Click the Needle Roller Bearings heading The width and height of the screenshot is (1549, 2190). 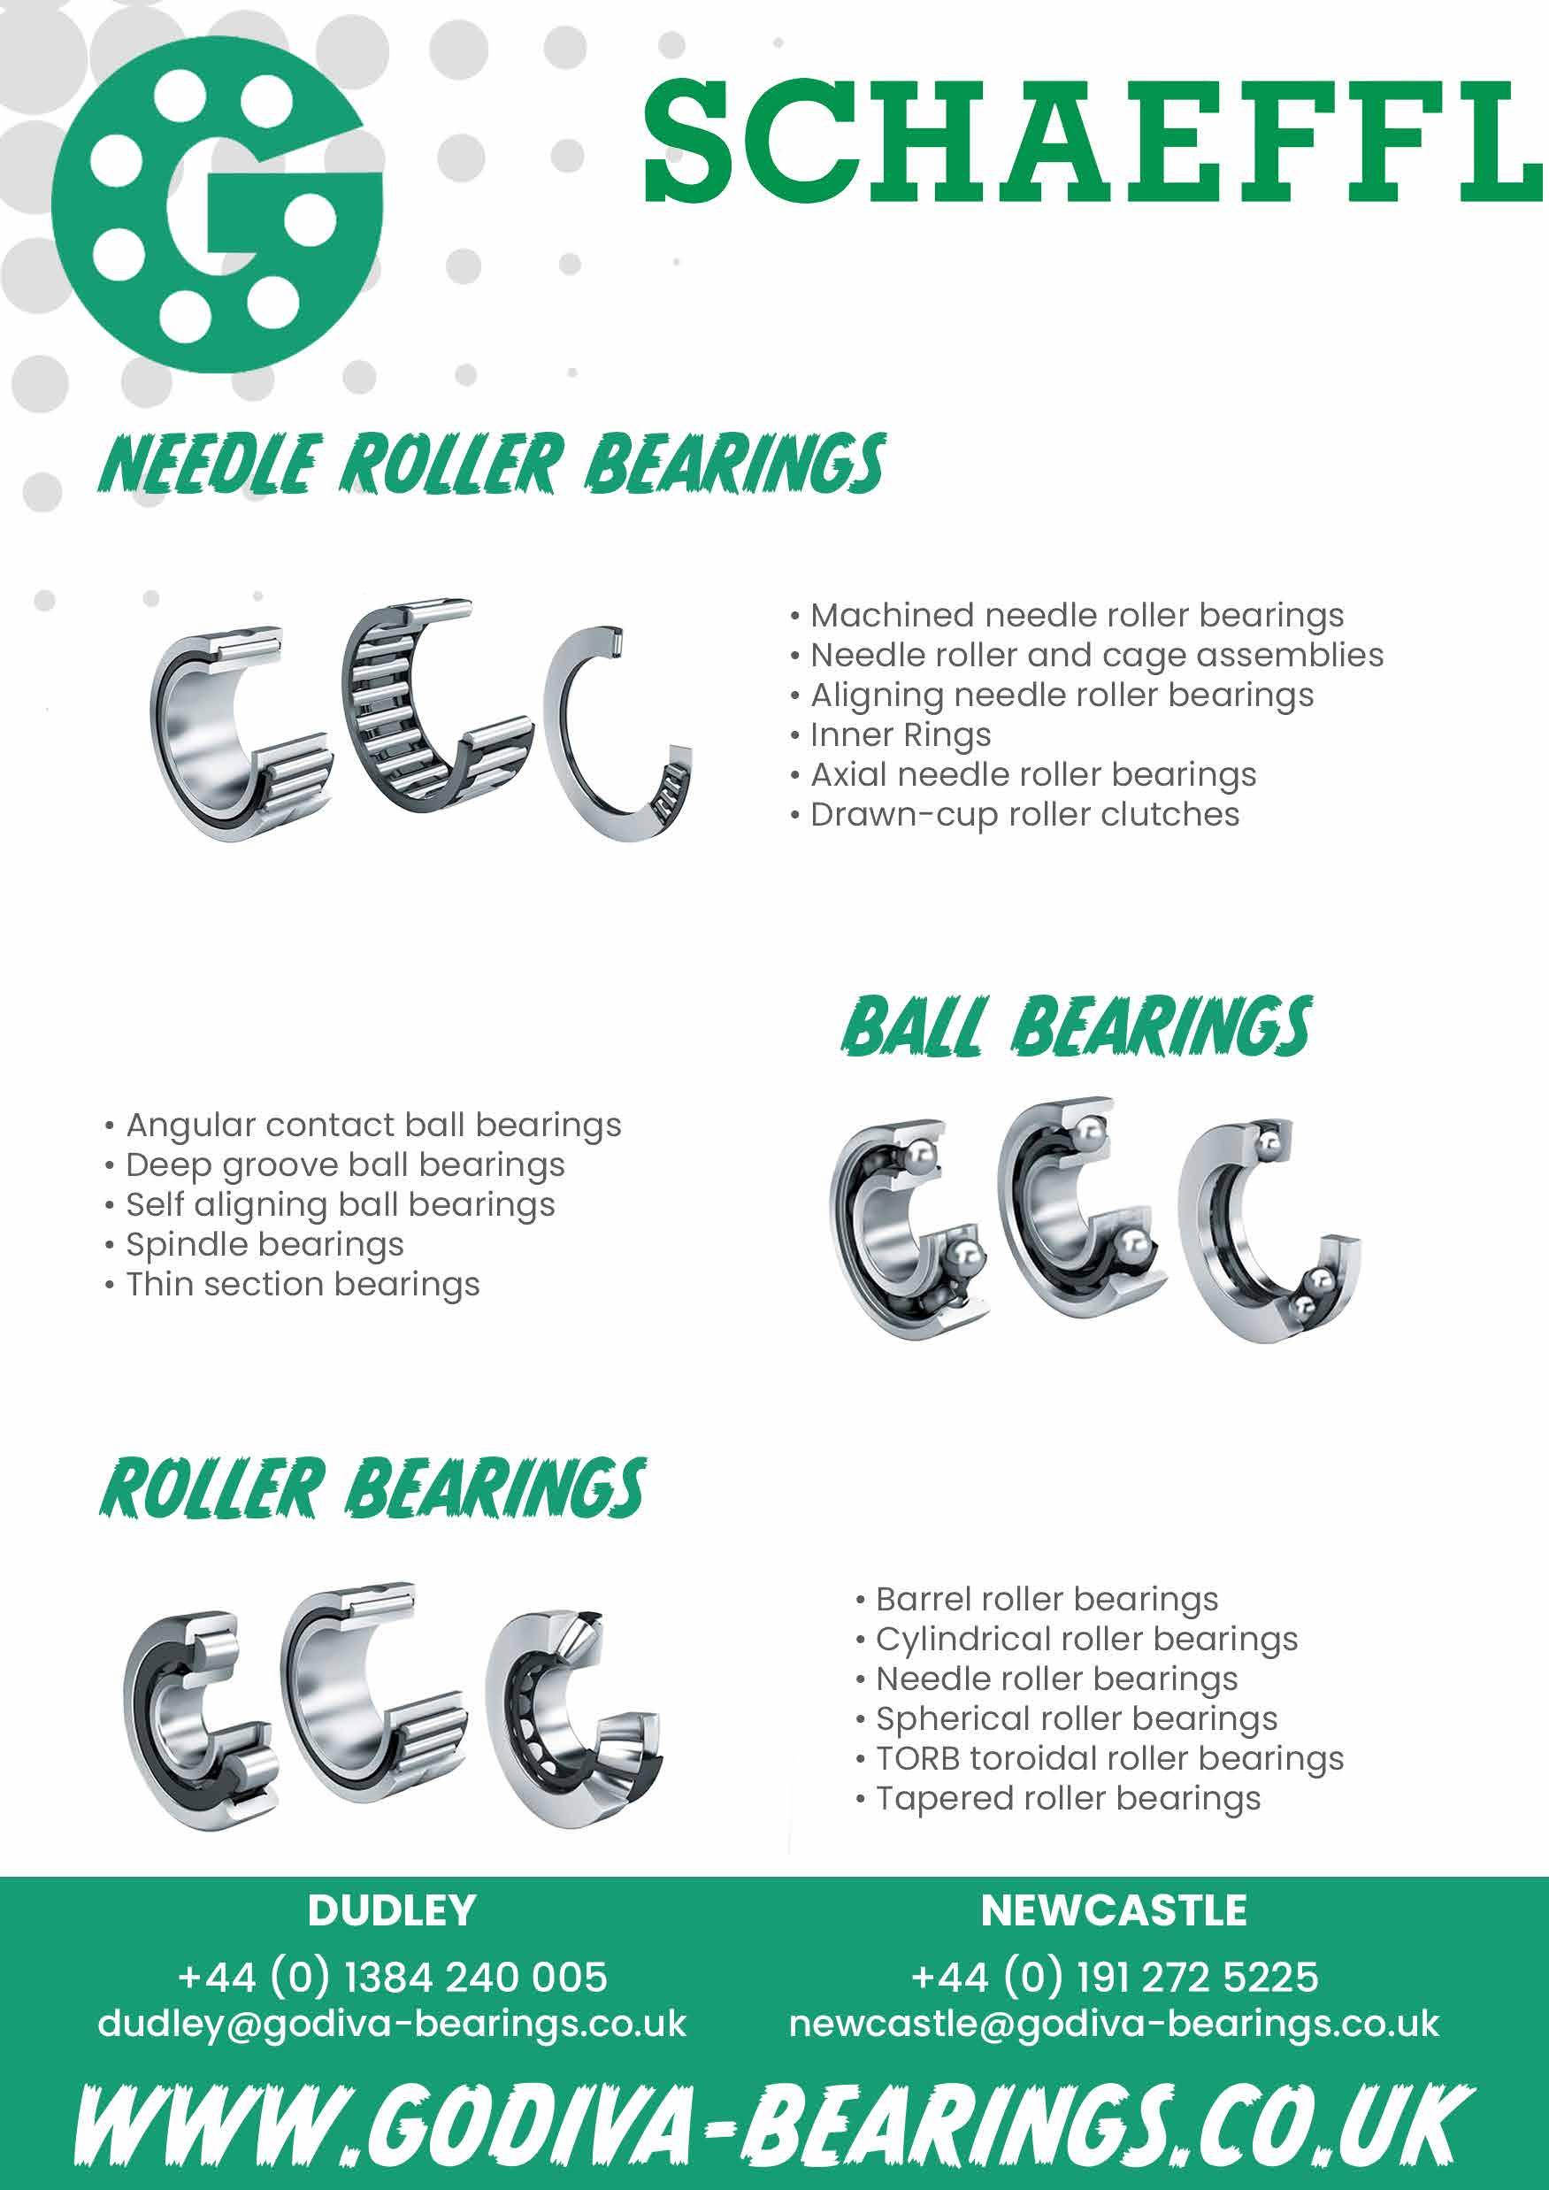491,465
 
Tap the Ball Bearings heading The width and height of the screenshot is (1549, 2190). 1077,1027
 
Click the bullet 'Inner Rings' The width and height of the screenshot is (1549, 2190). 900,735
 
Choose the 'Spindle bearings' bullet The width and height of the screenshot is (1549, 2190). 265,1245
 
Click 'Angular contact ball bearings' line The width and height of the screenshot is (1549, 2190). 372,1126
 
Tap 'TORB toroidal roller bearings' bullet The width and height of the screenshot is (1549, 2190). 1108,1758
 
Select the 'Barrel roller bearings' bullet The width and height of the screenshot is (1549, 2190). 1047,1599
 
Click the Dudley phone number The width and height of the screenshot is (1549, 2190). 392,1978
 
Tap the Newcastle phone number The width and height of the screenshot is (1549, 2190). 1114,1978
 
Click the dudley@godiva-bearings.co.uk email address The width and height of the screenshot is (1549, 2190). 392,2023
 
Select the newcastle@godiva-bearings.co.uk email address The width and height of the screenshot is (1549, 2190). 1114,2023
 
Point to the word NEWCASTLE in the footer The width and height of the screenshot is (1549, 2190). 1114,1910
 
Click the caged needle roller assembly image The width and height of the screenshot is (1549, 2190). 434,711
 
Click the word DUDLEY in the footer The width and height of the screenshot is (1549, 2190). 392,1910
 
